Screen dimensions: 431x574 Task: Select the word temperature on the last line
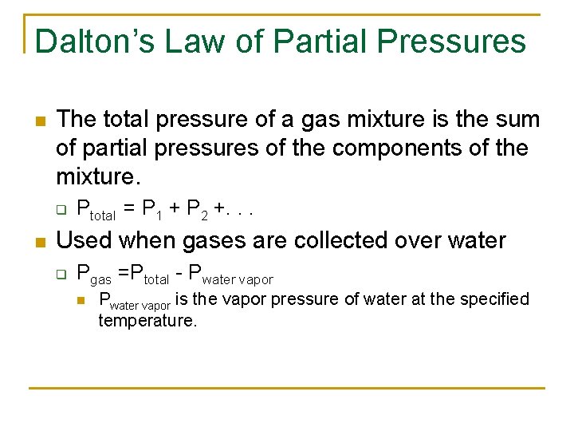(x=147, y=321)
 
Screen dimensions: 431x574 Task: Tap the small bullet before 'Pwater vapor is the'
(x=81, y=300)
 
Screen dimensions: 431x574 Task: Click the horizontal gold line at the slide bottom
(x=287, y=388)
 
